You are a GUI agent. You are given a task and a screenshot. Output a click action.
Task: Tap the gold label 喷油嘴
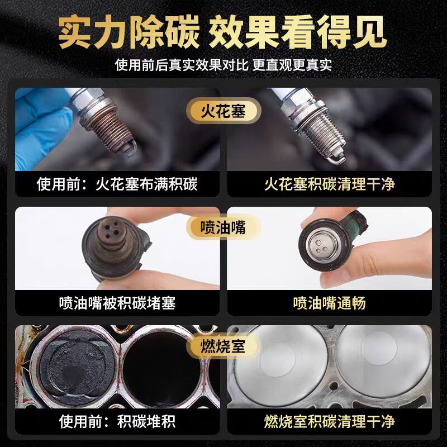pyautogui.click(x=223, y=227)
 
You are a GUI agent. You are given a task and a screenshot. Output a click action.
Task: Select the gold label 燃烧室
pyautogui.click(x=223, y=343)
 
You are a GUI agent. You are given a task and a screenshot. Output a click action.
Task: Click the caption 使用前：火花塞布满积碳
pyautogui.click(x=117, y=184)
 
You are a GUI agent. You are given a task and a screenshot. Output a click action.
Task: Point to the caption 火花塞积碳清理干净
pyautogui.click(x=330, y=184)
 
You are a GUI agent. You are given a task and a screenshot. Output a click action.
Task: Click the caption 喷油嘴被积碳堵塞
pyautogui.click(x=117, y=302)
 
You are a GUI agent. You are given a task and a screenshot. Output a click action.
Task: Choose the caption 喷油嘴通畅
pyautogui.click(x=330, y=302)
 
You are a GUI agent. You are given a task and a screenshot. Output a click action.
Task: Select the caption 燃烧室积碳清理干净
pyautogui.click(x=330, y=420)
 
